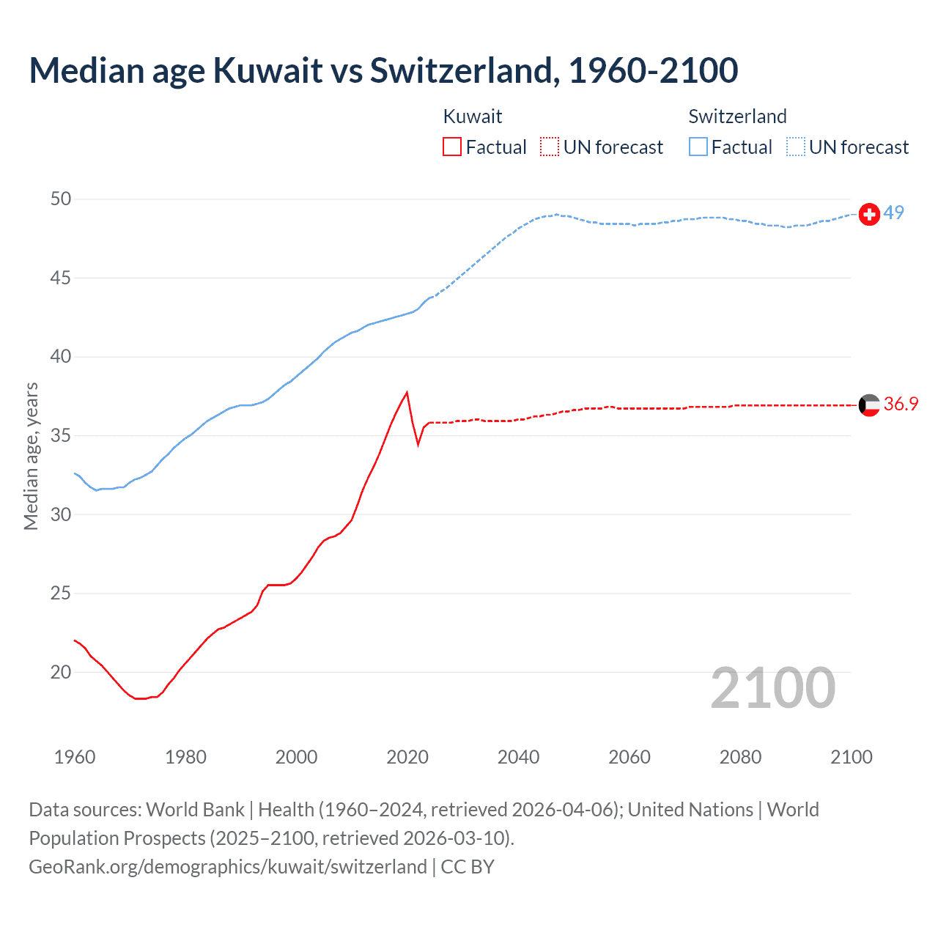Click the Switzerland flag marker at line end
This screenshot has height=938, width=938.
pyautogui.click(x=869, y=214)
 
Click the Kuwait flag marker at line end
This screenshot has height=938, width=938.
pyautogui.click(x=869, y=405)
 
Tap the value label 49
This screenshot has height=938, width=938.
pyautogui.click(x=893, y=213)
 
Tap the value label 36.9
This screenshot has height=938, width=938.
pyautogui.click(x=901, y=405)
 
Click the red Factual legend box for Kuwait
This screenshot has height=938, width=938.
pyautogui.click(x=452, y=147)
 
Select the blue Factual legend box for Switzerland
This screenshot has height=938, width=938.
pyautogui.click(x=698, y=147)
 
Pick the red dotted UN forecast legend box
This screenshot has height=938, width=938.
pyautogui.click(x=550, y=147)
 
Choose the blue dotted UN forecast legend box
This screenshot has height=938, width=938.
pyautogui.click(x=796, y=147)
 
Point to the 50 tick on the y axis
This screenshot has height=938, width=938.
pyautogui.click(x=61, y=199)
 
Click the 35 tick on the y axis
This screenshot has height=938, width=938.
pyautogui.click(x=61, y=436)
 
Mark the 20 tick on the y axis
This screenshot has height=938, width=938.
pyautogui.click(x=61, y=673)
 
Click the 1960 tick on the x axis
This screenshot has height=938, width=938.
pyautogui.click(x=75, y=757)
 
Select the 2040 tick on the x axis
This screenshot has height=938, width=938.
pyautogui.click(x=518, y=757)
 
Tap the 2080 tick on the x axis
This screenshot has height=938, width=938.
pyautogui.click(x=740, y=757)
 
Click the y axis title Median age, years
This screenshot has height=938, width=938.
pyautogui.click(x=31, y=456)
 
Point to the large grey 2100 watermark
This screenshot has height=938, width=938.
pyautogui.click(x=772, y=688)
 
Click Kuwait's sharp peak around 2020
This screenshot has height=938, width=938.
pyautogui.click(x=407, y=393)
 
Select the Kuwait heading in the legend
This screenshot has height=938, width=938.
pyautogui.click(x=473, y=117)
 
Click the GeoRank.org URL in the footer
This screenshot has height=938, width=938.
pyautogui.click(x=228, y=867)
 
